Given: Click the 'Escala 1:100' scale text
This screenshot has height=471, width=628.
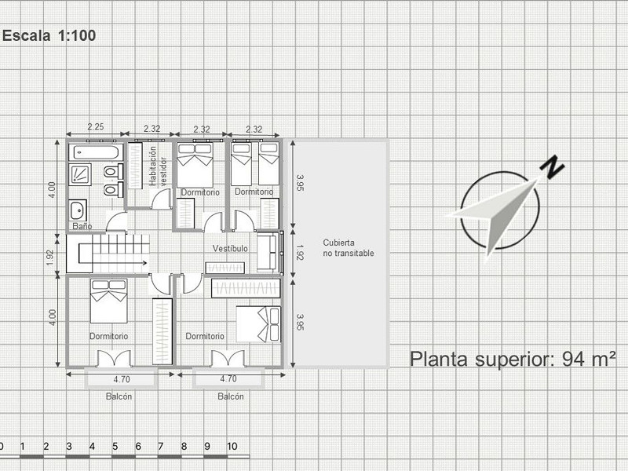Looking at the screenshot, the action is [49, 35].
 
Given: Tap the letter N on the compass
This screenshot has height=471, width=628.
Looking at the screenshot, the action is [552, 166].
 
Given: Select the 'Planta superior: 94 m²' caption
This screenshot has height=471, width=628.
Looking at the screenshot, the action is [513, 359].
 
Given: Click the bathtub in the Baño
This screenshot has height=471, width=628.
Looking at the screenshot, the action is [95, 152].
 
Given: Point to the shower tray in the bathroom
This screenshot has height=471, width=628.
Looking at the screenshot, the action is [80, 174].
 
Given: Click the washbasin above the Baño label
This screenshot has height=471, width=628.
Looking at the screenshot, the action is [77, 210].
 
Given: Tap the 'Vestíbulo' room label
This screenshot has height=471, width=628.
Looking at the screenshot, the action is [230, 249].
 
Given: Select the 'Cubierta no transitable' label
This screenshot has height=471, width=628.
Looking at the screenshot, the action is [349, 248].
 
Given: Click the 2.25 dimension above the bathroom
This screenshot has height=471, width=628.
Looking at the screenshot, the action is [96, 127].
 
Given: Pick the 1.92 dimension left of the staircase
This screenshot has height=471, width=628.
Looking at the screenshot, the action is [50, 257].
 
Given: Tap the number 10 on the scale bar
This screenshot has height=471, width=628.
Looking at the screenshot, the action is [232, 446].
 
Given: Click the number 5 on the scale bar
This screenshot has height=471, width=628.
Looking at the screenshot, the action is [115, 446].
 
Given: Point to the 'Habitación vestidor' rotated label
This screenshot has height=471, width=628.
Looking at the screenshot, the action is [158, 166].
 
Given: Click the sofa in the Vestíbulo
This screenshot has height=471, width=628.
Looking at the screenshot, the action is [267, 252].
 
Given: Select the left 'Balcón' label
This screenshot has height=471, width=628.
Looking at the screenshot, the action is [119, 396].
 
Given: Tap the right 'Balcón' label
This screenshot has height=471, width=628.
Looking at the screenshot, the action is [231, 396].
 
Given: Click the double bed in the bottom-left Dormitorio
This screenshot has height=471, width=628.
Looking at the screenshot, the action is [109, 301].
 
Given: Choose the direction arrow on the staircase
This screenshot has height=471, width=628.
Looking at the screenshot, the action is [119, 263].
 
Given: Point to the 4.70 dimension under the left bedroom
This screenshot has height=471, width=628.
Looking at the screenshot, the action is [122, 379].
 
